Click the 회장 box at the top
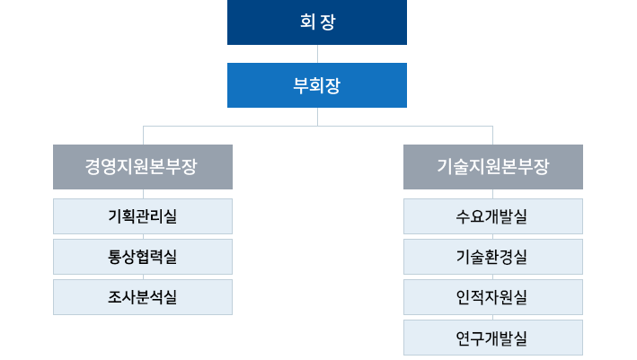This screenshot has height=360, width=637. click(x=316, y=22)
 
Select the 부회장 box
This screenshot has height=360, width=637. click(x=316, y=85)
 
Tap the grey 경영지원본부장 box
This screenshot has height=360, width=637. click(x=143, y=166)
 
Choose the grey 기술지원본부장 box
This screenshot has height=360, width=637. click(x=492, y=166)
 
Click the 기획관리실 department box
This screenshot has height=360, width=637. click(x=143, y=215)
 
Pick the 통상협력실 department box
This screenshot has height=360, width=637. click(x=143, y=256)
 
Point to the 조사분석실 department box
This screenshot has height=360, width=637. click(x=143, y=296)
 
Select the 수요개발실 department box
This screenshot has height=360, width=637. click(x=492, y=215)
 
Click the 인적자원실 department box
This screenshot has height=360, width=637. click(x=492, y=296)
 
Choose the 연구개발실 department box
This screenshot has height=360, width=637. click(x=492, y=338)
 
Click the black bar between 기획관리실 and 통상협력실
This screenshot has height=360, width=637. click(x=144, y=236)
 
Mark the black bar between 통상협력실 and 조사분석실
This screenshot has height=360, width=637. click(x=144, y=277)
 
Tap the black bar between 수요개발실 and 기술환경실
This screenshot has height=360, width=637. click(x=491, y=236)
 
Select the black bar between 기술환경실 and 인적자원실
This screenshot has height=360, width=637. click(x=491, y=277)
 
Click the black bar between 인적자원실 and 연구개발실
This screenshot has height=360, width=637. click(x=491, y=317)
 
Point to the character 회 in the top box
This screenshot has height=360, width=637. click(x=306, y=22)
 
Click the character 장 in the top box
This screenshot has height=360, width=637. click(x=327, y=22)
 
